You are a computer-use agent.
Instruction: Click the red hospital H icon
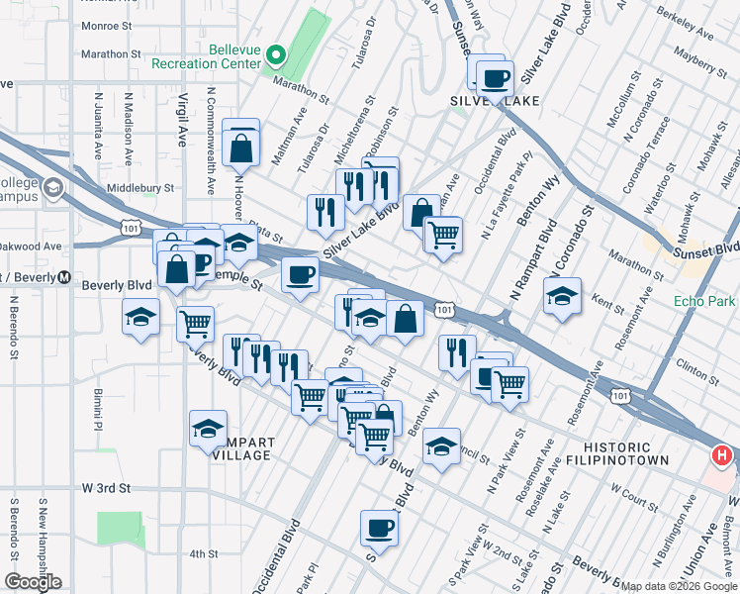[x=722, y=456]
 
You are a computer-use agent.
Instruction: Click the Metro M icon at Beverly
[x=65, y=276]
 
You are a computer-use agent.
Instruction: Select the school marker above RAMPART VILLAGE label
[x=208, y=429]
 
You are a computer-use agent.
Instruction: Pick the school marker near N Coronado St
[x=562, y=296]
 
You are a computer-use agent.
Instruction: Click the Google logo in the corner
[x=33, y=582]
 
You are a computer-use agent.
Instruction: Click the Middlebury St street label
[x=139, y=186]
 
